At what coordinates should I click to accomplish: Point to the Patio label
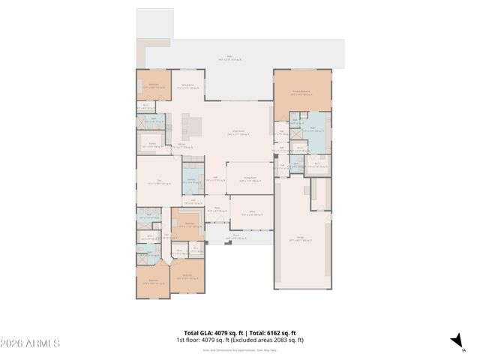[x=229, y=57]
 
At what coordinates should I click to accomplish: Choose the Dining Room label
[x=250, y=179]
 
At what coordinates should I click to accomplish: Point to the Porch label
[x=235, y=235]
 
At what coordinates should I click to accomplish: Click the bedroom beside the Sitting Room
[x=153, y=86]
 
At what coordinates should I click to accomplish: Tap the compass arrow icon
[x=455, y=341]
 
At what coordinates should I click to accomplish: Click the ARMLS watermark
[x=30, y=343]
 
